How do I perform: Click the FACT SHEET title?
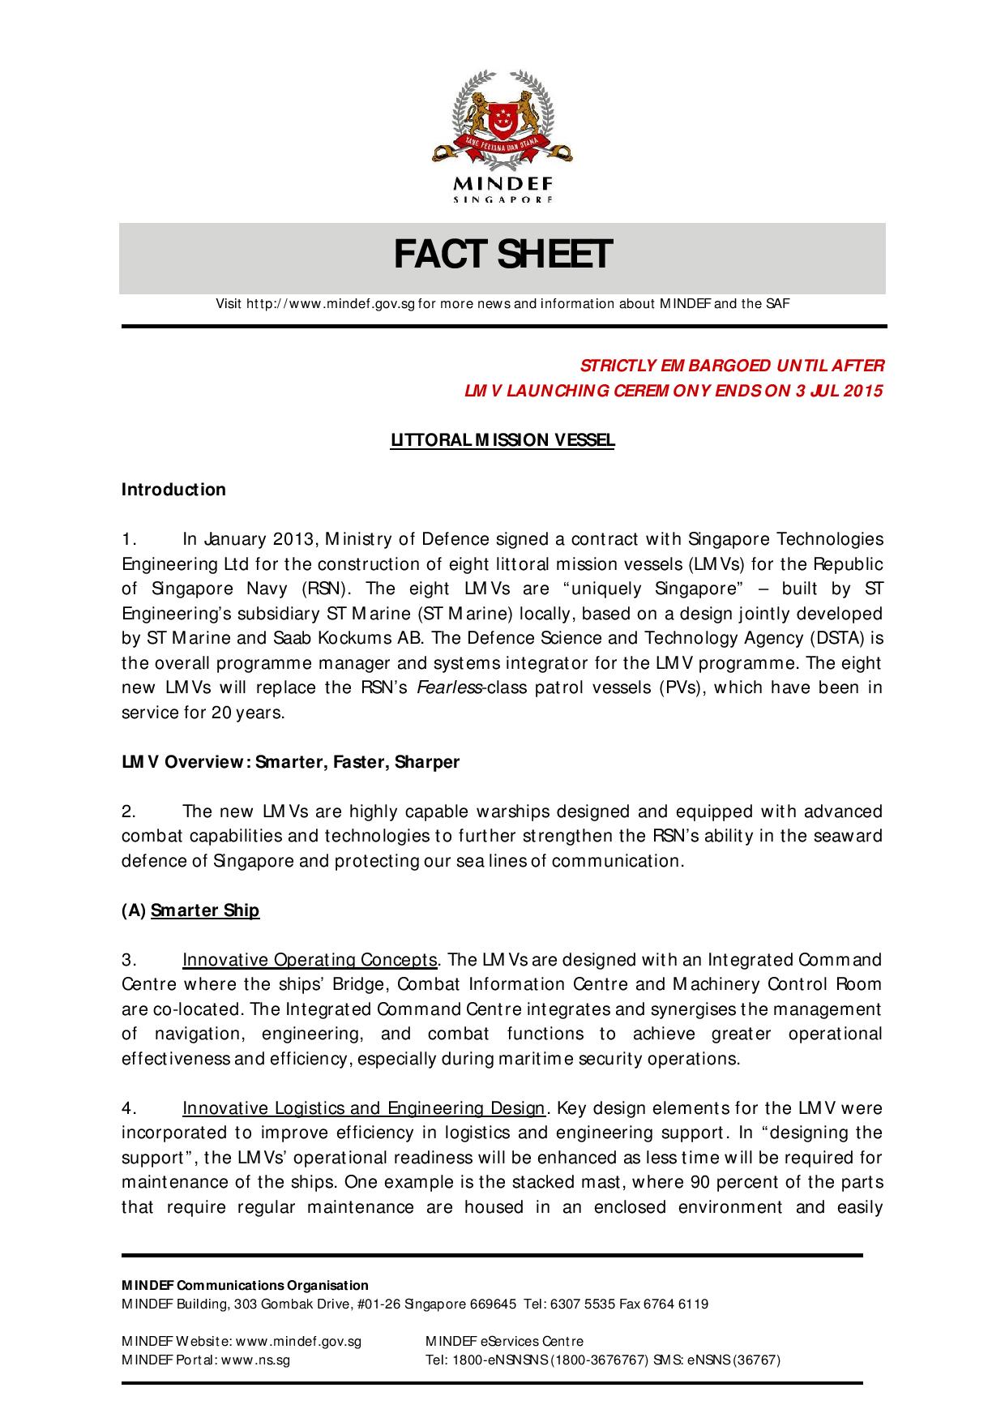click(x=502, y=255)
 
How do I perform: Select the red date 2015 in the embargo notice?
click(x=862, y=391)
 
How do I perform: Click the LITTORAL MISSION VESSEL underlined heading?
click(x=502, y=440)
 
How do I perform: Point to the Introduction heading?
click(x=173, y=490)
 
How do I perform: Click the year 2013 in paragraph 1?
click(x=296, y=539)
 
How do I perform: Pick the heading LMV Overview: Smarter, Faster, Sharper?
click(x=290, y=762)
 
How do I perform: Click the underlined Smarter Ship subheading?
click(x=205, y=910)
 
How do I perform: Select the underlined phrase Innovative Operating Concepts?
click(x=310, y=960)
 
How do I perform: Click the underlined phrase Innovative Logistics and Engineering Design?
click(x=364, y=1108)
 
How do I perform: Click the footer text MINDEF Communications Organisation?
click(x=245, y=1285)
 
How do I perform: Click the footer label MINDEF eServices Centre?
click(x=504, y=1341)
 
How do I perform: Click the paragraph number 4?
click(x=128, y=1108)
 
